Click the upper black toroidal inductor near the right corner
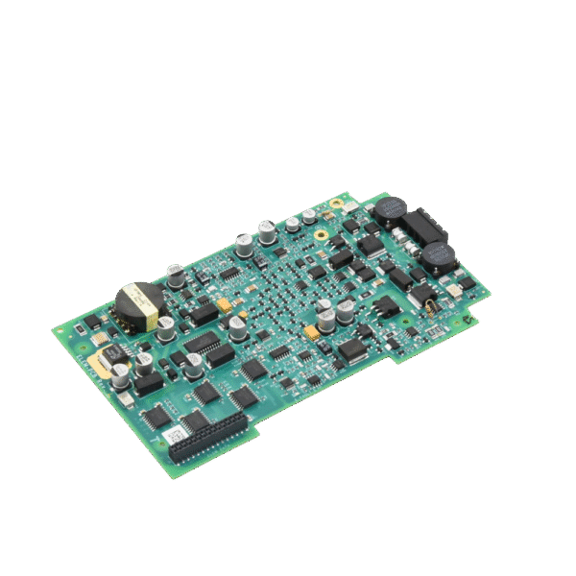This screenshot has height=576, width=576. coord(391,210)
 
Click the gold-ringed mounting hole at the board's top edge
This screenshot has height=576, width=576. coord(336,204)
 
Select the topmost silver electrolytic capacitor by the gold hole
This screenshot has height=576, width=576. coord(309,217)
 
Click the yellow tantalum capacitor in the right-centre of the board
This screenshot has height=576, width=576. coord(312,332)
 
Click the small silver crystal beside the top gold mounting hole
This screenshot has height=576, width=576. coord(352,207)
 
